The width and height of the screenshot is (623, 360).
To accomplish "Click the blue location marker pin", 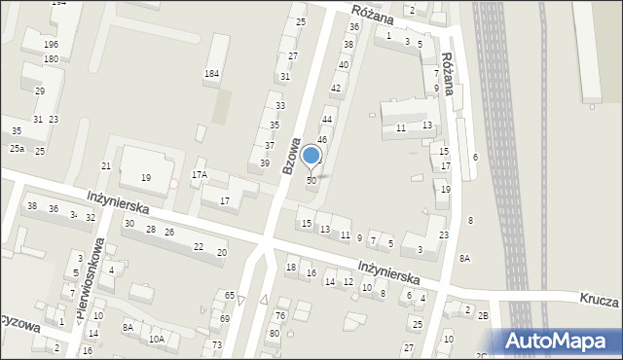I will (311, 156).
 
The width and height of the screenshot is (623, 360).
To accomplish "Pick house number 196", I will (51, 45).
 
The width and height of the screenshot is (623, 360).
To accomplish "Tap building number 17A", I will (200, 175).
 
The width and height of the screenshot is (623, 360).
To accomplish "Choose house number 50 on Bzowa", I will (311, 181).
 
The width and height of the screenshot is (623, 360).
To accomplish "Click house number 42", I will (336, 88).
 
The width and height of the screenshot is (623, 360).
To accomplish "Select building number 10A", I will (156, 340).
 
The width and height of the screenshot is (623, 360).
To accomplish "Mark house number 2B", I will (482, 315).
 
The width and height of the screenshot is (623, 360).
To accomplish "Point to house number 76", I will (279, 315).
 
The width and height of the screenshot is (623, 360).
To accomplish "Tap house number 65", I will (230, 295).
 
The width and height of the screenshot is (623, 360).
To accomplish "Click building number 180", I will (51, 58).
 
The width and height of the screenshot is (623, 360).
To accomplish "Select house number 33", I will (280, 105).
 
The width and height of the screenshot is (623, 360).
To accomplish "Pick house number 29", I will (40, 90).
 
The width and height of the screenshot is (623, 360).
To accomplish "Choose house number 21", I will (106, 166).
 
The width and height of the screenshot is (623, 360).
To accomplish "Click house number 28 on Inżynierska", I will (151, 229).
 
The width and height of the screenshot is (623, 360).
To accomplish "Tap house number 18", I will (290, 268).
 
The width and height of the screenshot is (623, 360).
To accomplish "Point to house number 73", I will (218, 345).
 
